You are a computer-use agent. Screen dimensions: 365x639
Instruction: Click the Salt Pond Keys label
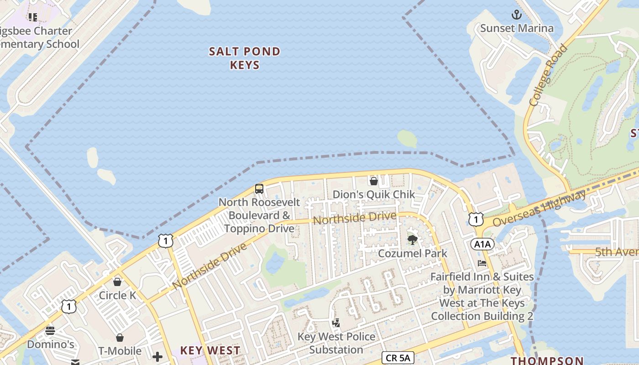coord(245,58)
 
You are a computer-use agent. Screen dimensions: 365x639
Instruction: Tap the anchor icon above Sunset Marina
coord(517,15)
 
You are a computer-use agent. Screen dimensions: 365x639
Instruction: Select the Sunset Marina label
coord(517,28)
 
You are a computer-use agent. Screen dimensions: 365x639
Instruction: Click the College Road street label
coord(549,75)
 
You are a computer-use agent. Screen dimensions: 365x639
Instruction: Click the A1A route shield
coord(482,244)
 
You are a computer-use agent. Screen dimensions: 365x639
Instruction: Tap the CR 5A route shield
coord(398,358)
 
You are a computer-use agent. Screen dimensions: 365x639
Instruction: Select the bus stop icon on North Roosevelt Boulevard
coord(259,188)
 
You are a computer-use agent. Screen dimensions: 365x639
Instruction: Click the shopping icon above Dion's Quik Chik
coord(374,181)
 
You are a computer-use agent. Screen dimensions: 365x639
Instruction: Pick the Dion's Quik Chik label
coord(374,194)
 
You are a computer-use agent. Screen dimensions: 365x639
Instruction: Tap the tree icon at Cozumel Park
coord(413,240)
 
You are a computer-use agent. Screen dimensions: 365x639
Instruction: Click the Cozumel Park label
coord(413,253)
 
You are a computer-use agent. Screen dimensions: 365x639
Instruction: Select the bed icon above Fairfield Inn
coord(482,263)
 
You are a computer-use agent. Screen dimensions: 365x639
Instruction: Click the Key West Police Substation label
coord(336,343)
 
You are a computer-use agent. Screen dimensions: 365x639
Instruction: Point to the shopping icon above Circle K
coord(117,282)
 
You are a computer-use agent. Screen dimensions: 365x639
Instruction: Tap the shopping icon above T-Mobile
coord(120,338)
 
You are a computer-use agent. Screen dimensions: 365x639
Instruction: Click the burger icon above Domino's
coord(50,330)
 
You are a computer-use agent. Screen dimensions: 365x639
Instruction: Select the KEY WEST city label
coord(210,350)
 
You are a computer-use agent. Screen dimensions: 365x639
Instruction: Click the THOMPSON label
coord(547,360)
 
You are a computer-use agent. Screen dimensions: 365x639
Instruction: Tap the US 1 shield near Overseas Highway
coord(476,219)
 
